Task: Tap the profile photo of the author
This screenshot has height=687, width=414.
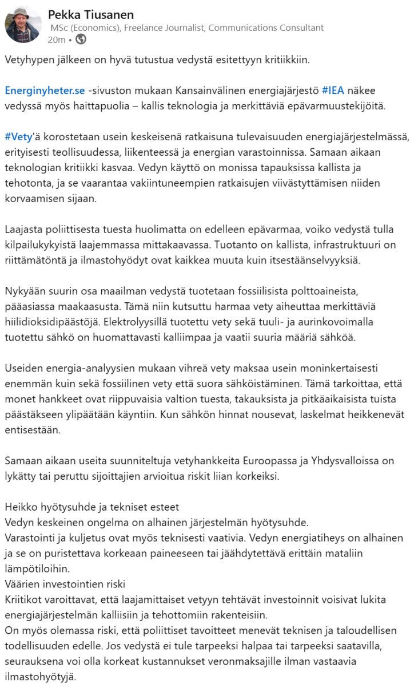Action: click(x=22, y=25)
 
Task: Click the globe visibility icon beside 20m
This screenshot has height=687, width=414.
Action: click(x=81, y=40)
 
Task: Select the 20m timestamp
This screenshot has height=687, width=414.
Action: click(x=56, y=40)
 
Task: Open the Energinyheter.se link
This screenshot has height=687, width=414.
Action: click(x=45, y=90)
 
